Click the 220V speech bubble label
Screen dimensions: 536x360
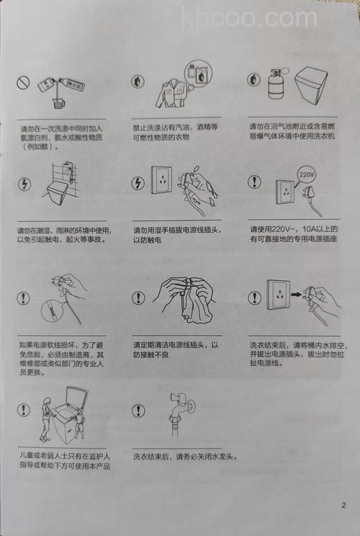click(306, 174)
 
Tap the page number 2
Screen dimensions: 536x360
click(343, 504)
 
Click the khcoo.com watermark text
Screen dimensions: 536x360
click(249, 17)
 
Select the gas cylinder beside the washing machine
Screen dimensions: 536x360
click(276, 85)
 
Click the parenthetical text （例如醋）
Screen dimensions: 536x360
click(42, 146)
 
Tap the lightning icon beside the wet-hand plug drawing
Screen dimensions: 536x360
click(138, 183)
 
